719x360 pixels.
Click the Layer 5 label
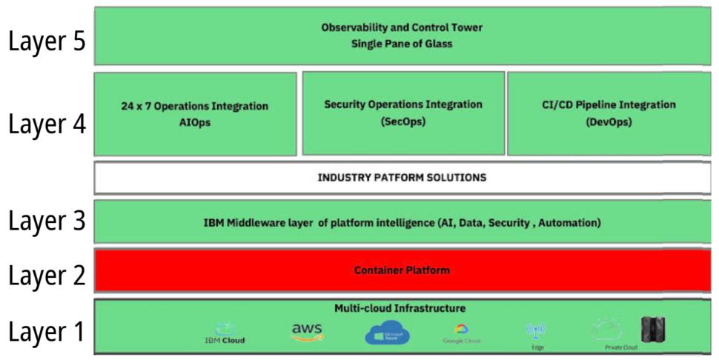[x=47, y=41]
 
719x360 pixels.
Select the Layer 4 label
[x=47, y=123]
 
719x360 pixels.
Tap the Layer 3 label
[x=47, y=220]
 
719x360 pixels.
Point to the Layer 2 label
[x=47, y=274]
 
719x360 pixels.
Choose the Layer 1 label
[x=47, y=331]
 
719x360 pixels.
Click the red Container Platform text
[x=402, y=270]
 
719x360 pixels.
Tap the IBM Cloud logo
[x=225, y=333]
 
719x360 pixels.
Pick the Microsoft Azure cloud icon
[x=387, y=333]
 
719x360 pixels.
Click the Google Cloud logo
[x=462, y=333]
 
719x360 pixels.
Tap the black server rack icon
[x=653, y=330]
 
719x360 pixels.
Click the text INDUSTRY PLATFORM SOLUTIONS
[x=402, y=178]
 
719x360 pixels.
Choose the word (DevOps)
[x=608, y=121]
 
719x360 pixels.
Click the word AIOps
[x=195, y=122]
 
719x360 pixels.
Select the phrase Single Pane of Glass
[x=402, y=44]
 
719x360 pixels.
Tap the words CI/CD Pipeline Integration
[x=609, y=105]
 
